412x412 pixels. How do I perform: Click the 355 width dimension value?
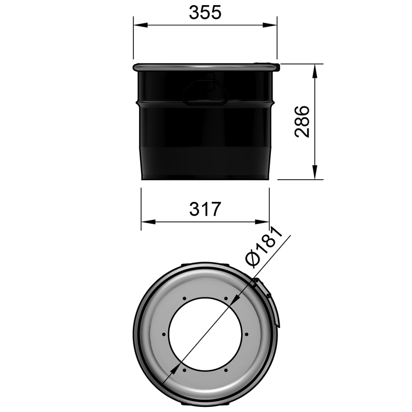pos(205,12)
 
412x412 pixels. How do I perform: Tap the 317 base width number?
pos(205,209)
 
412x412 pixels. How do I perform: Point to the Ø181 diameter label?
pos(265,247)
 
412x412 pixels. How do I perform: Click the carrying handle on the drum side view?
pos(205,91)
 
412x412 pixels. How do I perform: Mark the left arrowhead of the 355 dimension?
pos(138,25)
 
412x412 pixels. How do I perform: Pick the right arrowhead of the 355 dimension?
pos(272,25)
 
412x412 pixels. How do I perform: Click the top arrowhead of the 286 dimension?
pos(315,68)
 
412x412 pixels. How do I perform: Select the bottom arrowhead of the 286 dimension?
pos(315,175)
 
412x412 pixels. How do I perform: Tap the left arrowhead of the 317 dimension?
pos(145,222)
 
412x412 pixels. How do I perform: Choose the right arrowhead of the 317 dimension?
pos(265,222)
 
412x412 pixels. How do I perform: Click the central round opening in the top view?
pos(205,334)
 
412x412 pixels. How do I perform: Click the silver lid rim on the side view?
pos(205,67)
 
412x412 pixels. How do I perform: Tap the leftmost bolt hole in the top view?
pos(164,334)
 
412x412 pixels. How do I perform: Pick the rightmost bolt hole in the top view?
pos(246,334)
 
